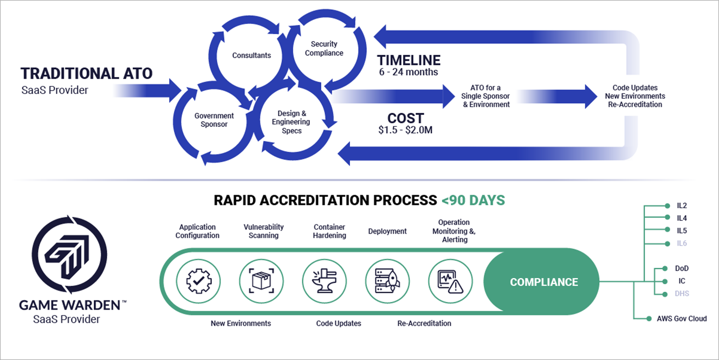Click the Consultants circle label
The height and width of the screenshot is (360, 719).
click(x=251, y=55)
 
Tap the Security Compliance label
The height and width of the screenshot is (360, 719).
click(x=324, y=48)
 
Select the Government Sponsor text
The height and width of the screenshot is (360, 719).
click(x=214, y=120)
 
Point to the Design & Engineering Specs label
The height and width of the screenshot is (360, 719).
click(x=291, y=122)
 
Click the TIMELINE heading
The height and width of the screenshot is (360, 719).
click(x=409, y=60)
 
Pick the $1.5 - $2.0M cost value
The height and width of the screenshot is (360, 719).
click(x=405, y=130)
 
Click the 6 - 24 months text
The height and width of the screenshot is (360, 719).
click(x=409, y=72)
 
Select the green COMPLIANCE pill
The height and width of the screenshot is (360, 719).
click(x=541, y=281)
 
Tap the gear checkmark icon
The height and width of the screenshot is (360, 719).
click(x=199, y=281)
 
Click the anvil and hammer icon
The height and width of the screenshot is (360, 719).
click(x=325, y=281)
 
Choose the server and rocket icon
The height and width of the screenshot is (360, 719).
click(x=387, y=281)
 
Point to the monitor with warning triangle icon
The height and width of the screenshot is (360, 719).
click(x=451, y=281)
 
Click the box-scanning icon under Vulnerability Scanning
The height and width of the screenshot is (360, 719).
click(x=262, y=281)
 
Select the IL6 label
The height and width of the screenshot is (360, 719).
click(x=682, y=243)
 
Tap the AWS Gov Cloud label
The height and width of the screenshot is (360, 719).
click(x=682, y=319)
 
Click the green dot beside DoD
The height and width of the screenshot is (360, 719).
click(x=665, y=268)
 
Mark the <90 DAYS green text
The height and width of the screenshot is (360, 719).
click(x=473, y=201)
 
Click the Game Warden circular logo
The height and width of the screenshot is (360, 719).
click(x=69, y=255)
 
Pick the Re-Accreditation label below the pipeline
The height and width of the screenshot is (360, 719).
click(x=424, y=323)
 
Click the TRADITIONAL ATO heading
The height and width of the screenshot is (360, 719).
click(x=86, y=74)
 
